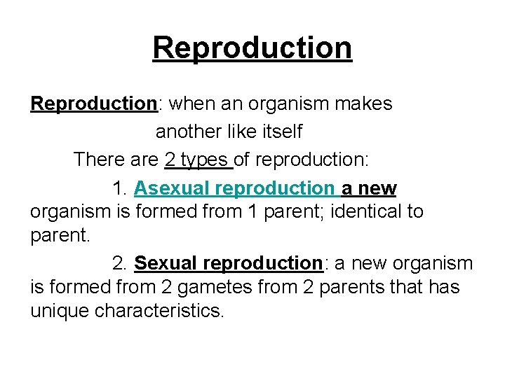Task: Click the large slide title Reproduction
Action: [x=252, y=48]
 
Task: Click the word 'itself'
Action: [x=281, y=131]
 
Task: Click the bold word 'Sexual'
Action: [x=166, y=263]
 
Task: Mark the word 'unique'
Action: [x=60, y=311]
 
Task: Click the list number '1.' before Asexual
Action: [x=120, y=188]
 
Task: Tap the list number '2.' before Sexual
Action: [x=120, y=263]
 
